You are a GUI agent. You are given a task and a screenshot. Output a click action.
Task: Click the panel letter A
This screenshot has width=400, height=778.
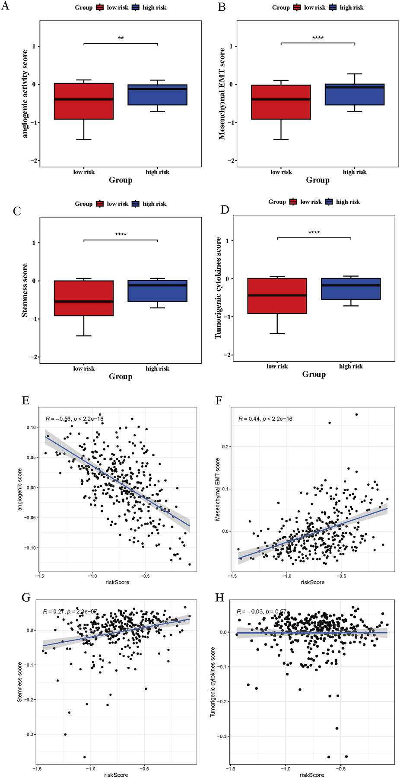[5, 7]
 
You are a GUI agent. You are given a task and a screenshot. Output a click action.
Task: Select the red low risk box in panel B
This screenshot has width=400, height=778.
[281, 102]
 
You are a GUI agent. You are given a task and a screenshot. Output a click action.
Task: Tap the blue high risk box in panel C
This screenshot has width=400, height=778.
[157, 291]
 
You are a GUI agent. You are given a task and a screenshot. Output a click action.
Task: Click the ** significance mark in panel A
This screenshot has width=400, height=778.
[121, 38]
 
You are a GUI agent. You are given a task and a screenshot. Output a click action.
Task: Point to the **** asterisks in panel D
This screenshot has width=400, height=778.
[314, 233]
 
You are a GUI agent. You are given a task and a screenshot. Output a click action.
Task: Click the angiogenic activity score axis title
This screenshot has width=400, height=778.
[25, 94]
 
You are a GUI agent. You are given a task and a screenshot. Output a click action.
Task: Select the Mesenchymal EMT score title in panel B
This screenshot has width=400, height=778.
[222, 93]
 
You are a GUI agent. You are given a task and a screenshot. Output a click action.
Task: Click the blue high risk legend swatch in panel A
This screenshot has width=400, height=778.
[136, 8]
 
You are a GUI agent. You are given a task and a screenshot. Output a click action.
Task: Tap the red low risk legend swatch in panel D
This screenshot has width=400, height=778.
[293, 202]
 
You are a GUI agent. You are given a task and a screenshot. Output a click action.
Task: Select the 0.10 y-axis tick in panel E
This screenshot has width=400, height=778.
[32, 427]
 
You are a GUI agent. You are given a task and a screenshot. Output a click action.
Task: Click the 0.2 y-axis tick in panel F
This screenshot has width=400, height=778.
[226, 446]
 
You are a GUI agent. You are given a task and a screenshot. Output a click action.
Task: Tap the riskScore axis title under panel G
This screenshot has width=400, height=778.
[116, 775]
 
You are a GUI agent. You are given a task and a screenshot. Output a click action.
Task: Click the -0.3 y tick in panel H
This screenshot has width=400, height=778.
[222, 736]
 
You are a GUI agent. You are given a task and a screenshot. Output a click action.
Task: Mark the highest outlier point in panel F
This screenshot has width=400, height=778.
[356, 414]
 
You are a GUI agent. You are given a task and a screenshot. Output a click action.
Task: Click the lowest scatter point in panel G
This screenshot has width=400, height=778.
[85, 757]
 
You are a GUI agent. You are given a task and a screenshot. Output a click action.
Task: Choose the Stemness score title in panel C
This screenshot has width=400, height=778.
[25, 290]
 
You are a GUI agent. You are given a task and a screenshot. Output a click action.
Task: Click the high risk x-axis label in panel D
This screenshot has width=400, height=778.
[351, 366]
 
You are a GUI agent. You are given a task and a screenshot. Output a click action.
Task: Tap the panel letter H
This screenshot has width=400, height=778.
[219, 597]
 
